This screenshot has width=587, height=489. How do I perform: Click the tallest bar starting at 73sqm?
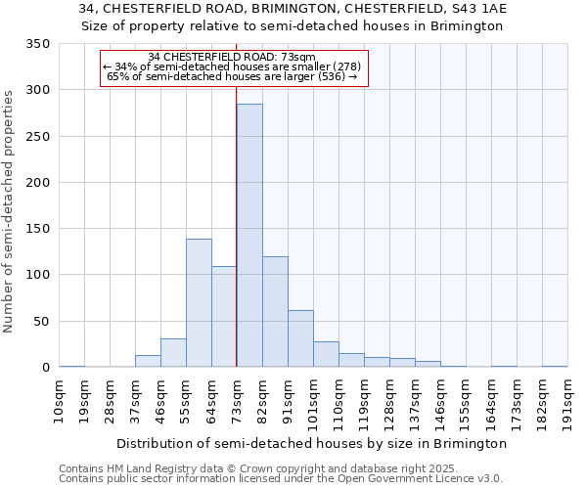pos(249,235)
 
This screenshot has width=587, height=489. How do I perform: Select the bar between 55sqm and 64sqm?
pos(199,303)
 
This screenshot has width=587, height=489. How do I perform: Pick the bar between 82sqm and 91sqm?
pos(275,312)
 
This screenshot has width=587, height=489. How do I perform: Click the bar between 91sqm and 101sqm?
pos(300,338)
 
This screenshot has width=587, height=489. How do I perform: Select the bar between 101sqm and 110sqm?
pos(326,354)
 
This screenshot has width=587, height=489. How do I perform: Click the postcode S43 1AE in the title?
pos(476,9)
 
